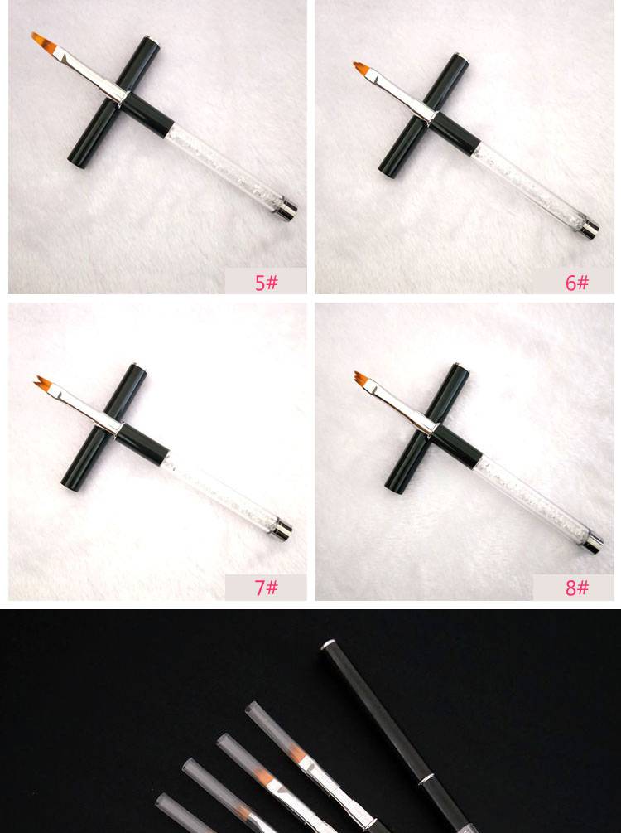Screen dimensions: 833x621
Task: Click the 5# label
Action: coord(266,282)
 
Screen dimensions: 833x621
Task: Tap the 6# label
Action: coord(576,282)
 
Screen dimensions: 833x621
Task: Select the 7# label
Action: coord(266,588)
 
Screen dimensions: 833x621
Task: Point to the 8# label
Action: coord(576,588)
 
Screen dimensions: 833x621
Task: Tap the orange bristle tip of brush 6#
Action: coord(359,68)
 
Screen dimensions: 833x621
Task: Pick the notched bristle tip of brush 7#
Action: coord(43,384)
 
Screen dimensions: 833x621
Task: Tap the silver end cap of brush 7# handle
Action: coord(283,527)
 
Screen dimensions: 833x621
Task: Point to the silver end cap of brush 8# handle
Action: coord(593,545)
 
